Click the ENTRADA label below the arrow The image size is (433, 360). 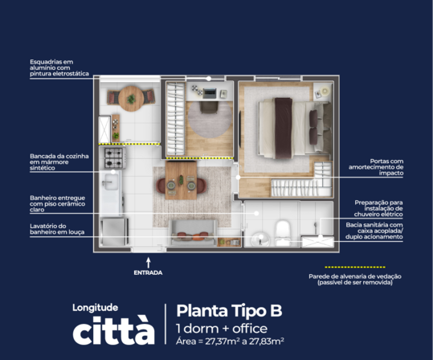pyautogui.click(x=148, y=272)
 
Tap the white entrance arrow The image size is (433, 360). pyautogui.click(x=149, y=263)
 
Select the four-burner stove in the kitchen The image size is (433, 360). pyautogui.click(x=113, y=157)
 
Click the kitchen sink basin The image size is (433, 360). pyautogui.click(x=111, y=182)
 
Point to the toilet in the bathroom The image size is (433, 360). pyautogui.click(x=283, y=232)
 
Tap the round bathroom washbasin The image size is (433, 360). pyautogui.click(x=260, y=239)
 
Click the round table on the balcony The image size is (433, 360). pyautogui.click(x=131, y=98)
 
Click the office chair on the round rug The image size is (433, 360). pyautogui.click(x=209, y=107)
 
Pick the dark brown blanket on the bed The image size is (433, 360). pyautogui.click(x=284, y=129)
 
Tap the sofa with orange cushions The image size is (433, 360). pyautogui.click(x=193, y=233)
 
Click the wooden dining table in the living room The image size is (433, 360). pyautogui.click(x=181, y=180)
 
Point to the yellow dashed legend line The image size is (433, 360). pyautogui.click(x=355, y=267)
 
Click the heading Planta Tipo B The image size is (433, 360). pyautogui.click(x=229, y=310)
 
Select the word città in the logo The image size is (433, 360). pyautogui.click(x=113, y=330)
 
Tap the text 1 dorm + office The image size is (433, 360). pyautogui.click(x=222, y=329)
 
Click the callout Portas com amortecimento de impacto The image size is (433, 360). pyautogui.click(x=376, y=167)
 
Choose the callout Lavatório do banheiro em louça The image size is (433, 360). pyautogui.click(x=57, y=229)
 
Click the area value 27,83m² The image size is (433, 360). pyautogui.click(x=267, y=342)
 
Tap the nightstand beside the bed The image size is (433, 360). pyautogui.click(x=323, y=92)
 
